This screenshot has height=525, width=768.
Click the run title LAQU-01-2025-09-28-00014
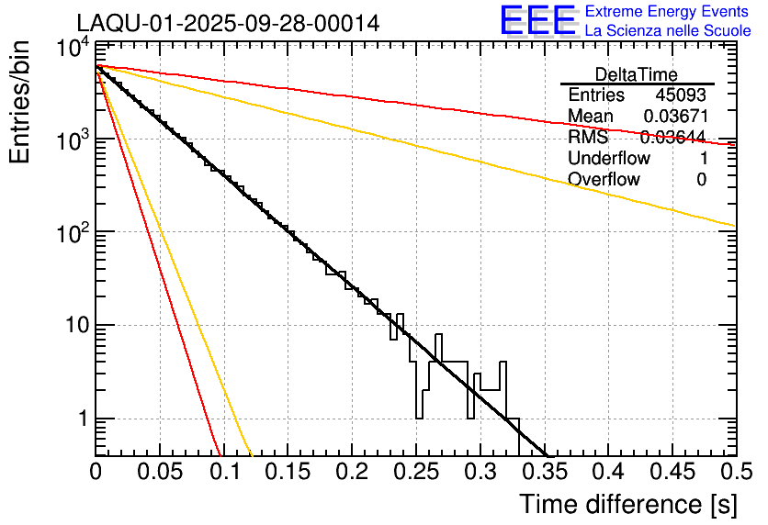click(228, 23)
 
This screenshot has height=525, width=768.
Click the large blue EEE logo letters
click(538, 20)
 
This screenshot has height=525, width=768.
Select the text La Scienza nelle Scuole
click(667, 31)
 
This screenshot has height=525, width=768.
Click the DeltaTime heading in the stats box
click(636, 74)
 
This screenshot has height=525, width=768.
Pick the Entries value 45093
click(681, 95)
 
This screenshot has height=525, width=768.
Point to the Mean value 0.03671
click(674, 116)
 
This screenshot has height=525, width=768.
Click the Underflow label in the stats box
click(608, 158)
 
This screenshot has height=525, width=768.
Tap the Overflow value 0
click(701, 179)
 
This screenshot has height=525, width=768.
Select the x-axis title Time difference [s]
click(627, 504)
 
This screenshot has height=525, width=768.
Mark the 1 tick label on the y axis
click(78, 419)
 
